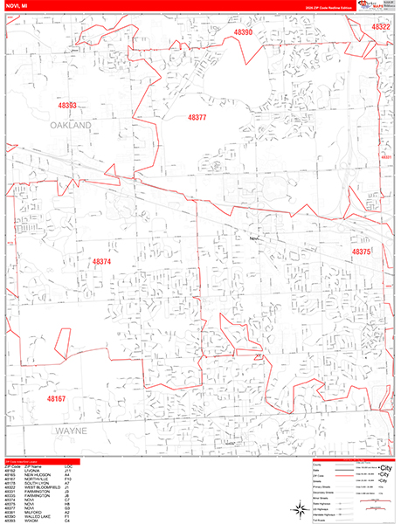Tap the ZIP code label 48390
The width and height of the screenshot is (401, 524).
[243, 32]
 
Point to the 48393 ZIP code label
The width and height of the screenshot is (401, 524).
[67, 106]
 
